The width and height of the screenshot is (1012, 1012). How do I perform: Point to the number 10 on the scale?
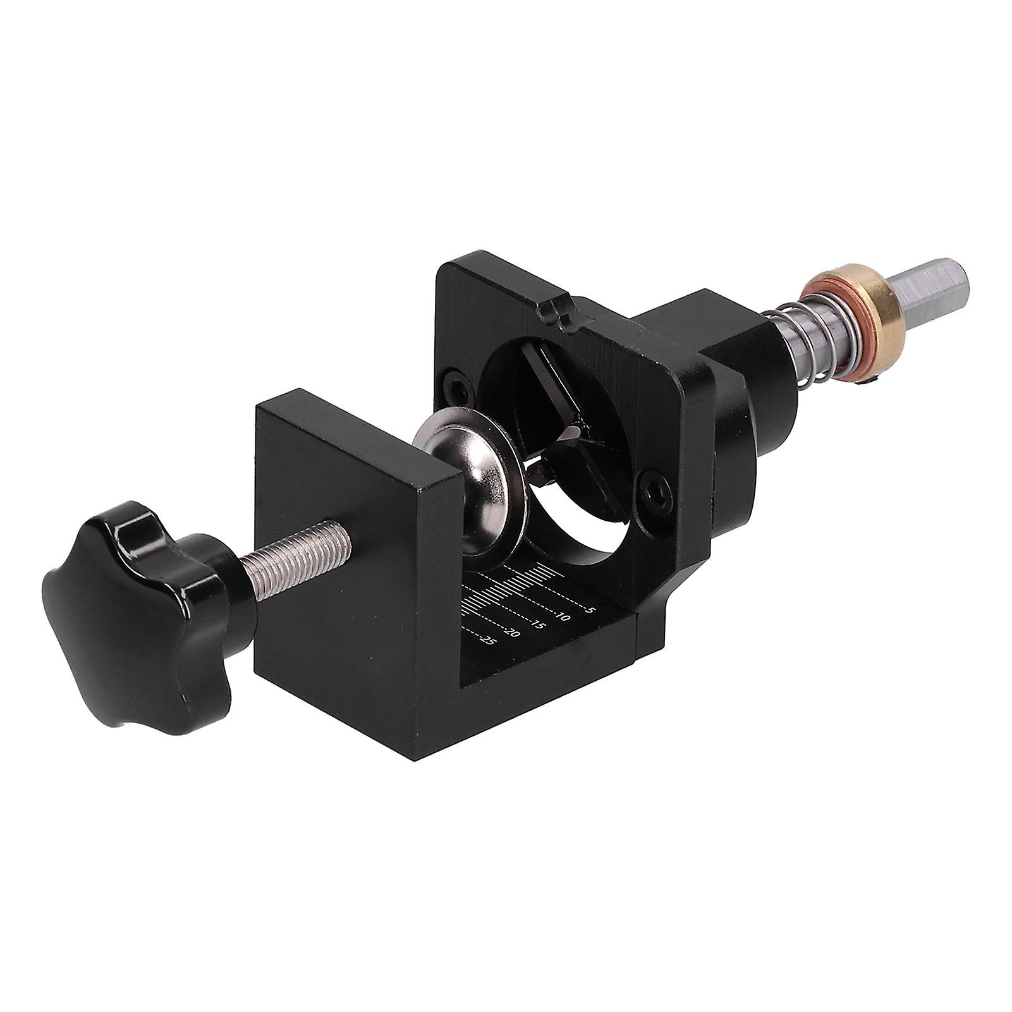point(563,615)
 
